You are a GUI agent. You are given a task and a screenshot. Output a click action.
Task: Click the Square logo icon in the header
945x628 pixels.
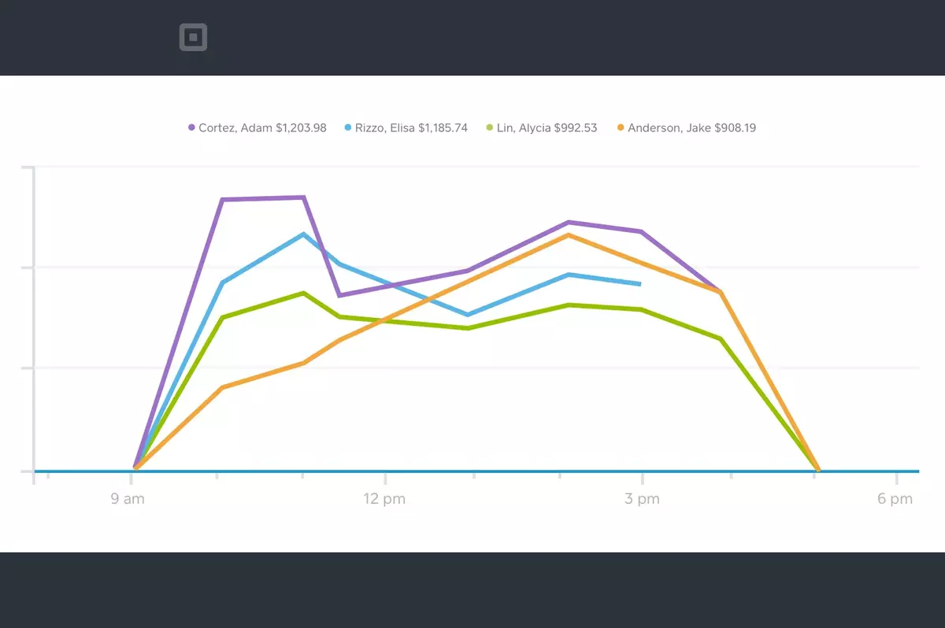(x=193, y=37)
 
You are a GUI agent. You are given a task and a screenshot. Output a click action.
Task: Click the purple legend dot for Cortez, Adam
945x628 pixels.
(x=191, y=127)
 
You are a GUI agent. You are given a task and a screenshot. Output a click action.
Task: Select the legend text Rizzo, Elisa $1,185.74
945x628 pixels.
(x=411, y=127)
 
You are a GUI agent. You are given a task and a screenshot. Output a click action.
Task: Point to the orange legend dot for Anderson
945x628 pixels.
(x=621, y=127)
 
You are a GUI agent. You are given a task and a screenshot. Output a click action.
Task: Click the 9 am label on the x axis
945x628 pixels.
(x=128, y=499)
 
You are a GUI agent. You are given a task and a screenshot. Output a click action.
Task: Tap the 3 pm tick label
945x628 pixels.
(x=642, y=499)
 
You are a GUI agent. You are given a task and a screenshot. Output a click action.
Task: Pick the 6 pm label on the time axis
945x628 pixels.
(x=895, y=499)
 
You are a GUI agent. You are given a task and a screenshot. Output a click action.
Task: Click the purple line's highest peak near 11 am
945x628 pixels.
(x=303, y=198)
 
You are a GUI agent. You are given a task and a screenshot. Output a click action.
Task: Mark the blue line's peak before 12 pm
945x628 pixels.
(x=303, y=235)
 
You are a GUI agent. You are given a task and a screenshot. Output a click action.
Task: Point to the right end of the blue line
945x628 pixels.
(x=640, y=283)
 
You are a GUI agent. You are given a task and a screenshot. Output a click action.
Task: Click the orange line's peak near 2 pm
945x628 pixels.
(x=568, y=235)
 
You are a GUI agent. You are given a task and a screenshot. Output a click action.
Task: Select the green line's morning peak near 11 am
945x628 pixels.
(x=303, y=294)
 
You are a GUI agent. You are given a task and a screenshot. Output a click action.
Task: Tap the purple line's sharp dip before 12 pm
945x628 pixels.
(x=339, y=295)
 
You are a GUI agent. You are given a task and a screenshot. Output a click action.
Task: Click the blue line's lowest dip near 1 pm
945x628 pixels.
(x=469, y=315)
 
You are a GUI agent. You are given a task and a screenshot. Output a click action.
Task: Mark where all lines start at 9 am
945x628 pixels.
(x=135, y=467)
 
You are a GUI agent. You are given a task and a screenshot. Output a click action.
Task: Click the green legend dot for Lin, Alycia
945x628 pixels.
(x=489, y=127)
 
